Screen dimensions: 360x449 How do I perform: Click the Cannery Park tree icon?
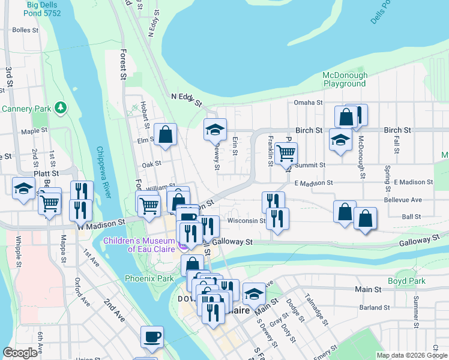60,108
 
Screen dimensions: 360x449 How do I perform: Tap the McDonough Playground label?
345,79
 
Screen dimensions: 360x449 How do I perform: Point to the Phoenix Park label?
149,278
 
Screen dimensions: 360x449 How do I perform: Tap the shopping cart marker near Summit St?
286,154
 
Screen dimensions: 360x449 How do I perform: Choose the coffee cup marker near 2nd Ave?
152,336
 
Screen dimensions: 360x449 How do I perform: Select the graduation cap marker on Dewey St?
215,129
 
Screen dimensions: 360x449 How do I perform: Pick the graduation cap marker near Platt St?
23,188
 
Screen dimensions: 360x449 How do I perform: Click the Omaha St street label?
309,103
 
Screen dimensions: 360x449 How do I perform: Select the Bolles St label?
25,29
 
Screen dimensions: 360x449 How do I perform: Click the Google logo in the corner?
20,352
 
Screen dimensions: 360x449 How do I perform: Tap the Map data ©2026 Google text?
411,355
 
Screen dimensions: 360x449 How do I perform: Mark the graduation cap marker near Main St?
254,294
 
